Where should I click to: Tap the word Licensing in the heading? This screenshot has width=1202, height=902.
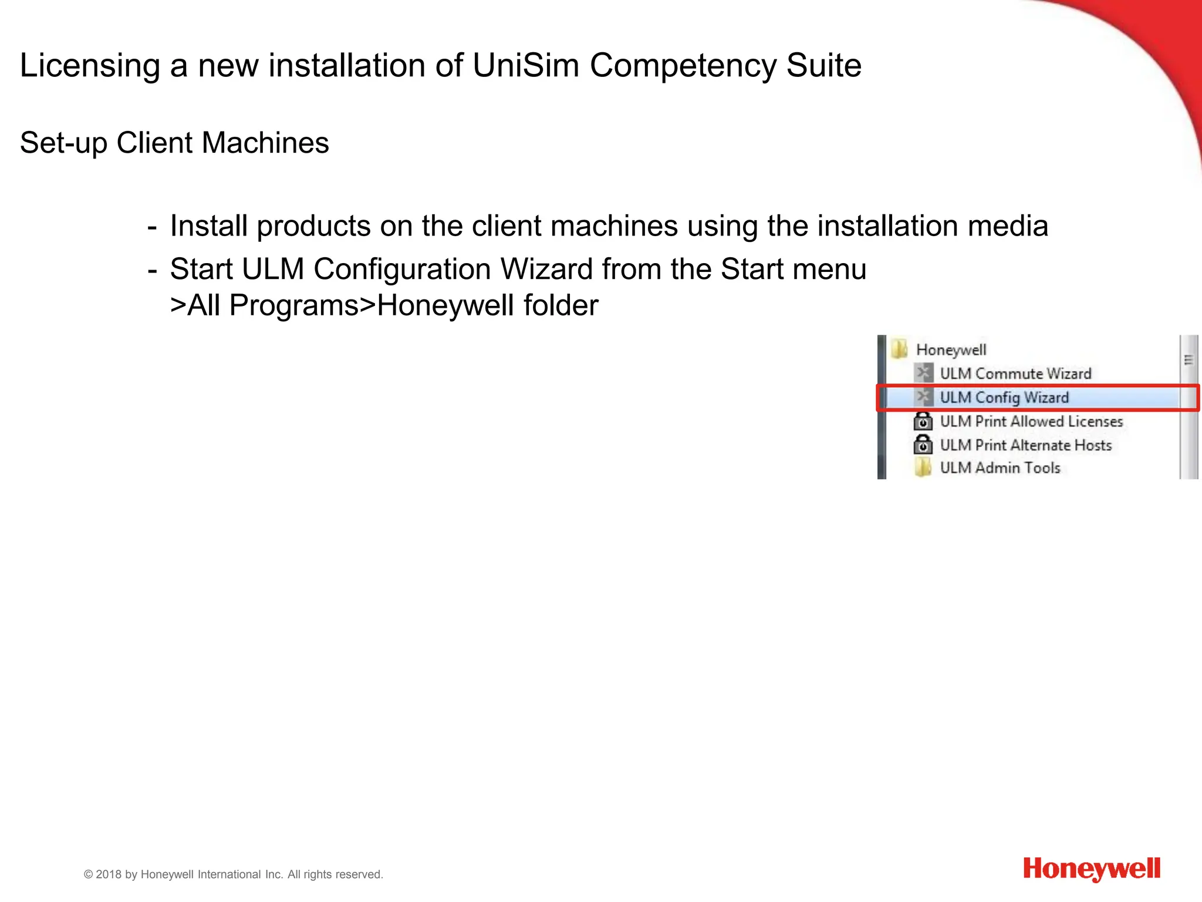(x=90, y=65)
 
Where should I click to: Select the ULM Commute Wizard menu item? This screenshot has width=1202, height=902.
(x=1015, y=373)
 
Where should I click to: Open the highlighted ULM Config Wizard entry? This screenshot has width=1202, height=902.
(x=1004, y=398)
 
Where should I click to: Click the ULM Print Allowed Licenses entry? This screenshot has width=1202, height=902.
(x=1031, y=422)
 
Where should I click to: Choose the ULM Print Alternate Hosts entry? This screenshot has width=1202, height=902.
(x=1026, y=445)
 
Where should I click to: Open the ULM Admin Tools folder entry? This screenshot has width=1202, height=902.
(x=1000, y=468)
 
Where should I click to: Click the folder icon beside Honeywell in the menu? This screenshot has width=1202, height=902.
(x=899, y=349)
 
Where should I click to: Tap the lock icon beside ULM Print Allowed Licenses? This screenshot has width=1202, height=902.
(x=923, y=421)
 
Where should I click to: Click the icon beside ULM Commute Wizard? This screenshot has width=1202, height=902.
(x=923, y=373)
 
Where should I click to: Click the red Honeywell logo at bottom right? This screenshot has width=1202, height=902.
(x=1092, y=869)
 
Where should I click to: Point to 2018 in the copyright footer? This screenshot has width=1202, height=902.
(x=109, y=874)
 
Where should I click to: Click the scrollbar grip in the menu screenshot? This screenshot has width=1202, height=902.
(x=1189, y=360)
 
